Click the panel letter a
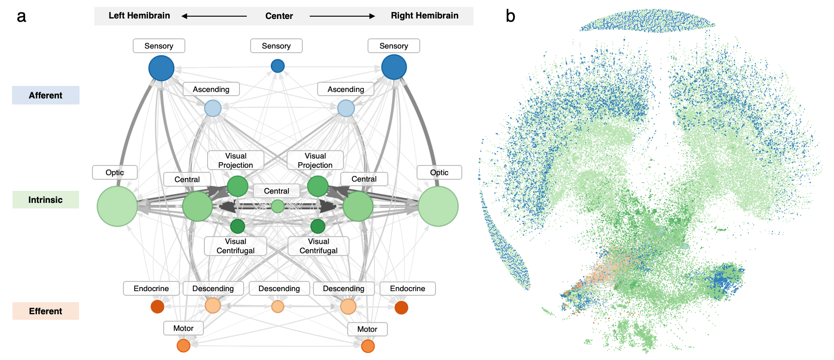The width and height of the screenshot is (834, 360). tap(21, 17)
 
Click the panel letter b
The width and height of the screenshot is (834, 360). tap(510, 16)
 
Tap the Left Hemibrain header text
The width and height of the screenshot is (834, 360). tap(139, 16)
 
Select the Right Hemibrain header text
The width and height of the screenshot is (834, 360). tap(424, 16)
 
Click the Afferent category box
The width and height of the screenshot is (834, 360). tap(45, 95)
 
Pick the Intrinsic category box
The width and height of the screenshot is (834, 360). tap(45, 200)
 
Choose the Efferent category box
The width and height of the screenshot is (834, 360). tap(45, 311)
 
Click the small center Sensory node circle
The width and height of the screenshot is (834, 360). tap(277, 66)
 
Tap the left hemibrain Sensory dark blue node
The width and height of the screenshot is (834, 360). tap(161, 68)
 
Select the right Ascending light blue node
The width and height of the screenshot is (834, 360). tap(346, 109)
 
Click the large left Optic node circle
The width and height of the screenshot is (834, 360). tap(117, 206)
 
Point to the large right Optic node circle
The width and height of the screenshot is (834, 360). tap(438, 206)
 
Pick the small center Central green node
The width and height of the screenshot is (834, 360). tap(277, 206)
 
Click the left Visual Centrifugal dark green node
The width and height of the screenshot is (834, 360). tap(238, 226)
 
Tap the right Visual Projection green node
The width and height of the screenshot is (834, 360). tap(318, 186)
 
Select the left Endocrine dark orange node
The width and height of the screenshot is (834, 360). tap(157, 306)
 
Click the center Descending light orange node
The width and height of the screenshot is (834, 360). tap(277, 306)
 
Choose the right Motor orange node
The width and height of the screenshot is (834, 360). tap(368, 346)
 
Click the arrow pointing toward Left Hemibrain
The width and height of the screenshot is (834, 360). tap(214, 16)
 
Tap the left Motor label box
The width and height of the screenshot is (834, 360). tap(183, 328)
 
